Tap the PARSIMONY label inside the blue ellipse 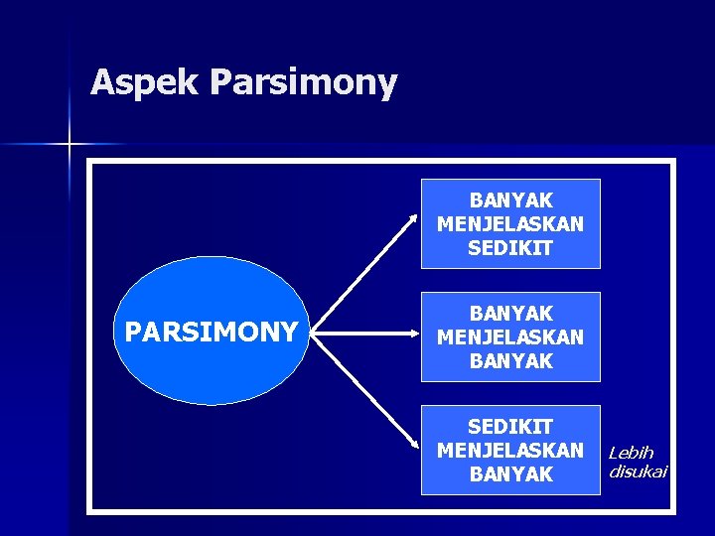[x=211, y=332]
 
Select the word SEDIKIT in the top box [x=510, y=248]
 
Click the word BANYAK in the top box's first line [x=510, y=201]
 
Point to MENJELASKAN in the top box [x=510, y=224]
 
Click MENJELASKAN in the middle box [x=510, y=337]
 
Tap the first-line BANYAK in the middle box [x=510, y=315]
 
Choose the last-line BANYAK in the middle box [x=510, y=361]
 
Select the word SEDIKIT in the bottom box [x=510, y=428]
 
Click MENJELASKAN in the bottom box [x=510, y=451]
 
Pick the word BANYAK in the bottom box [x=510, y=474]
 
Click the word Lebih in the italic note [x=631, y=453]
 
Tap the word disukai [x=638, y=470]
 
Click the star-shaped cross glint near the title [x=70, y=145]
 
